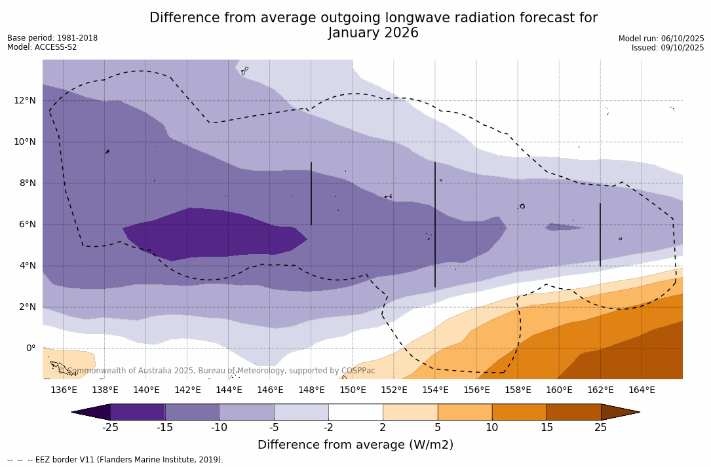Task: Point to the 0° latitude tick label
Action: (31, 348)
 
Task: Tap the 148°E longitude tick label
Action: (311, 390)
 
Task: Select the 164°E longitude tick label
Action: (642, 390)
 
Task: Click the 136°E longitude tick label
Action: (64, 390)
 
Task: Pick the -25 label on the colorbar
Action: (110, 428)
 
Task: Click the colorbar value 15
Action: (547, 428)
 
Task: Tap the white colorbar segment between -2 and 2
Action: (355, 412)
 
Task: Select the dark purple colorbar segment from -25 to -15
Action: (138, 412)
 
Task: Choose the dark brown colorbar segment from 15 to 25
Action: (573, 412)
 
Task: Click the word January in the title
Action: (355, 33)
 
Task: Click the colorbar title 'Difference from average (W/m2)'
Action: (355, 445)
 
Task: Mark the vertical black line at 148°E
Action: (311, 194)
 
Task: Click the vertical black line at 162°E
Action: (600, 234)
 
